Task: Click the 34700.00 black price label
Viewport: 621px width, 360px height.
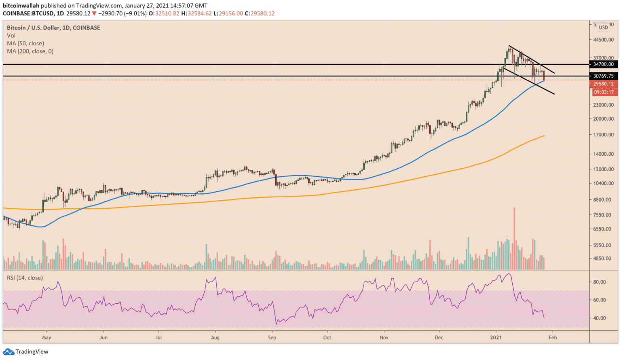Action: pos(603,64)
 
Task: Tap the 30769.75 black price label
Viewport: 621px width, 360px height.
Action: pos(603,76)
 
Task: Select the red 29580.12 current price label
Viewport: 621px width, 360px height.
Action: pos(603,84)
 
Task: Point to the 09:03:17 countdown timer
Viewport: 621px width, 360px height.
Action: pos(604,92)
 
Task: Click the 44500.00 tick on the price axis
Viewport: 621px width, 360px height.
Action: pos(603,40)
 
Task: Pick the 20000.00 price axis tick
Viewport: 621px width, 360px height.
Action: pos(603,119)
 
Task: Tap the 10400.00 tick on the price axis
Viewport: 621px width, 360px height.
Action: pos(603,183)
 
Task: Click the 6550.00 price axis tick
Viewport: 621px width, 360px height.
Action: pos(603,229)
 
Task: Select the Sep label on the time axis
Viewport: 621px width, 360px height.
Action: pos(272,337)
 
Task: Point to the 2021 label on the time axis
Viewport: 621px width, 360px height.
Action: pos(496,337)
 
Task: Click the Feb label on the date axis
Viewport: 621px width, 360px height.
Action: pos(553,337)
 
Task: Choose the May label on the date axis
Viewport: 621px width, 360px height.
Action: pos(46,337)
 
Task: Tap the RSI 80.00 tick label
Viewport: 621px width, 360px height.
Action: pos(599,282)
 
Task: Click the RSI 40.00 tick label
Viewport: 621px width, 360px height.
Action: pos(599,318)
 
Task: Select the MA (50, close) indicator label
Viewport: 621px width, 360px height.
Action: pos(25,43)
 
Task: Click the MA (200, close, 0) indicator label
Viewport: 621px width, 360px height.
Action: pos(30,51)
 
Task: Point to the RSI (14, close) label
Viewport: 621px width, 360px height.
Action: pos(25,278)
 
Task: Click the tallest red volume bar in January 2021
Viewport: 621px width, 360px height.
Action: pos(514,239)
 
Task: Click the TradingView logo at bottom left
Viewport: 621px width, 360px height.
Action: pos(26,352)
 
